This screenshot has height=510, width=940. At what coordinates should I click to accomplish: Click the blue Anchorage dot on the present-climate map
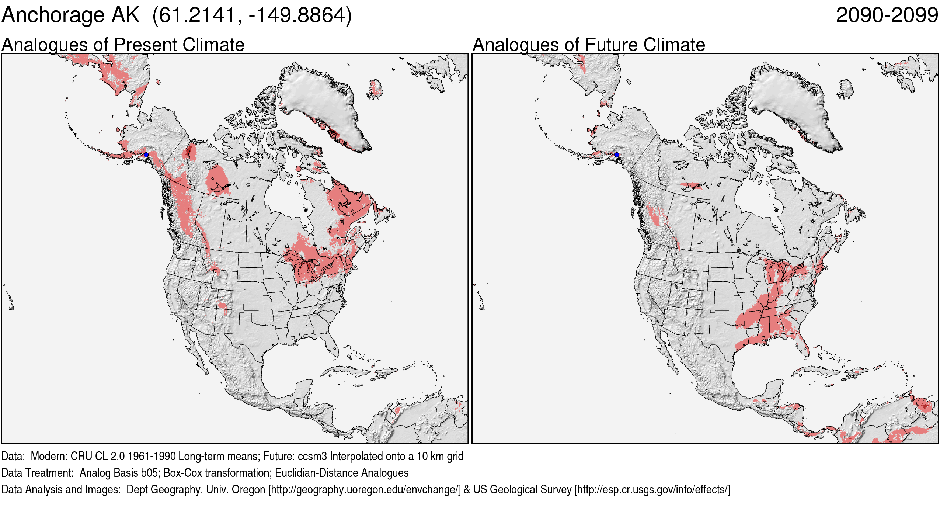146,155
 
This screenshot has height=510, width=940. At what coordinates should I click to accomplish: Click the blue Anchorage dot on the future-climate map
617,155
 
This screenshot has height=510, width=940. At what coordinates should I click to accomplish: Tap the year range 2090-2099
887,15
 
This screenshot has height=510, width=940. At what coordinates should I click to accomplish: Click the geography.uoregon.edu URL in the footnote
364,490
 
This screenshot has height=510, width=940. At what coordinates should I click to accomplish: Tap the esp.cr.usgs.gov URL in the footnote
652,490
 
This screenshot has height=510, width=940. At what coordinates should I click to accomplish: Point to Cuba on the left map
347,371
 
